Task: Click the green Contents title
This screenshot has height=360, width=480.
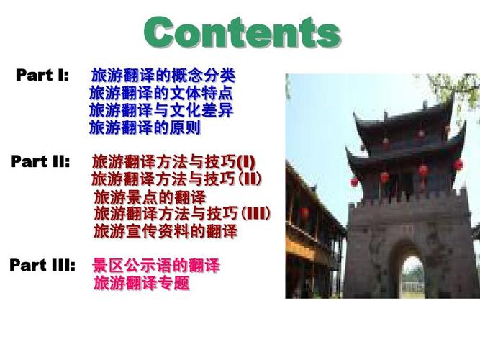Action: (243, 32)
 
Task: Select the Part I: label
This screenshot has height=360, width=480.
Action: (42, 75)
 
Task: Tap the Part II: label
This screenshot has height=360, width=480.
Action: (40, 161)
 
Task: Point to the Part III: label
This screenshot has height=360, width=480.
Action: (42, 265)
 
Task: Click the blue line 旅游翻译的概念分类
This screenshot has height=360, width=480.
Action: (163, 76)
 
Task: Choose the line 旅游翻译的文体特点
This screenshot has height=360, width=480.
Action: (161, 93)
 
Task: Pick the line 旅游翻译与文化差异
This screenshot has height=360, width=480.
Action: (161, 110)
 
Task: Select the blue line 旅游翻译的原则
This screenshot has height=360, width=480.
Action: (145, 127)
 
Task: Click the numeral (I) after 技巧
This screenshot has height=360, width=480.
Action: (246, 162)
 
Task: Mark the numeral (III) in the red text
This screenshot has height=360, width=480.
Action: (256, 213)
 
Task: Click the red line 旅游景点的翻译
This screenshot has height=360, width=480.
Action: (150, 197)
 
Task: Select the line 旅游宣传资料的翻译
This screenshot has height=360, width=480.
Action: (166, 231)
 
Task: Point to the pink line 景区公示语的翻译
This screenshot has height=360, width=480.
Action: (156, 266)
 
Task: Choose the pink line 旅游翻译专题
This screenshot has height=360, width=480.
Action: (142, 283)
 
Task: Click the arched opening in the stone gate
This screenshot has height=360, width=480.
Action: (413, 276)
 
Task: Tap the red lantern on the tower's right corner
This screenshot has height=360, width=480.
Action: (458, 165)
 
